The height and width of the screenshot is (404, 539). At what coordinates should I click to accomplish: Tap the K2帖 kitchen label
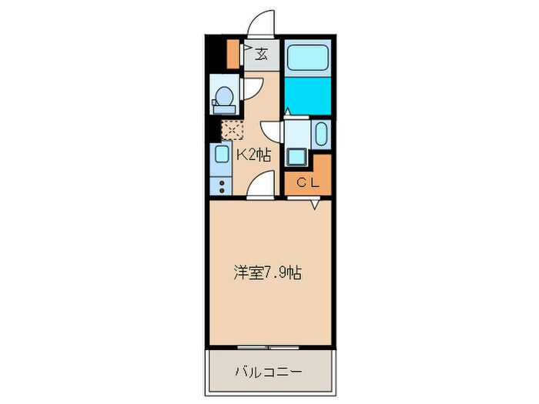(253, 155)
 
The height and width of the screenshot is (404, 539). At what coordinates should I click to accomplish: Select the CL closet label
(307, 182)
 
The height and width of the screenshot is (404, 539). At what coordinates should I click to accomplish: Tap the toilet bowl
(223, 98)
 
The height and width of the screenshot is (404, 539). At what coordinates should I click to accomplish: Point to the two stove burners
(221, 185)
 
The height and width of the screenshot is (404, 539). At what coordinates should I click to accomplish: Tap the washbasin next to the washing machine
(321, 135)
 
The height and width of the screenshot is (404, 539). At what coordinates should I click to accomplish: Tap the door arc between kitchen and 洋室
(260, 185)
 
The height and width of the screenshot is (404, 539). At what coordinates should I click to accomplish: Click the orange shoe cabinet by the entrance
(233, 52)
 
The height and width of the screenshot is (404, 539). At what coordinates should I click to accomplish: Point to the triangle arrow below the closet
(316, 204)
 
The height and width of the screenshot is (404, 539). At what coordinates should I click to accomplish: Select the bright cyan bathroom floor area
(306, 95)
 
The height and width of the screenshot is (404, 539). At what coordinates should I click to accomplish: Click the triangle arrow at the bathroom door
(286, 111)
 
